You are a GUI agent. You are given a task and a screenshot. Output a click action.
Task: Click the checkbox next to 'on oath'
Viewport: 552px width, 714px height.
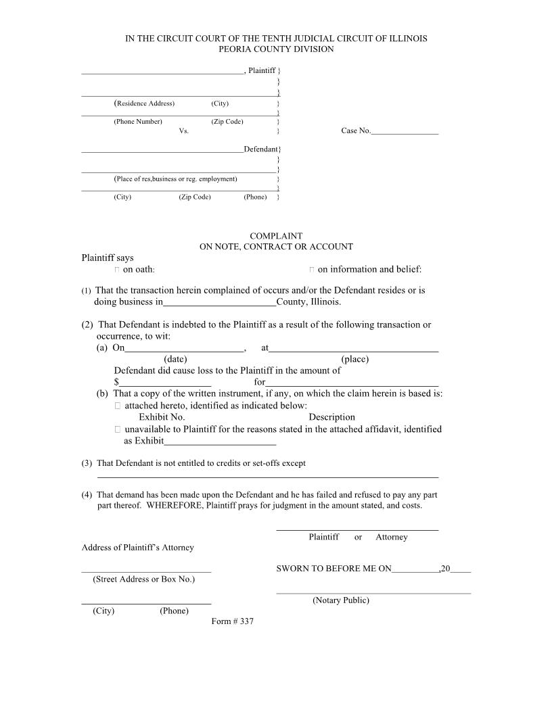pos(117,270)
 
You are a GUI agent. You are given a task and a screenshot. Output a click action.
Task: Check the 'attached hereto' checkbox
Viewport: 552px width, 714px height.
pos(118,406)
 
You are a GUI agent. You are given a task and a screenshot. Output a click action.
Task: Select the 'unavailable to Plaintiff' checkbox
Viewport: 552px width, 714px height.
pos(118,429)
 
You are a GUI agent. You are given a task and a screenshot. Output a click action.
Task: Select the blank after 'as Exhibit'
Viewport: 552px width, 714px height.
pos(220,444)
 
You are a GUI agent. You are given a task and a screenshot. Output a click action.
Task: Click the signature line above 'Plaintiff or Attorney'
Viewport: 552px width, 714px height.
pos(357,529)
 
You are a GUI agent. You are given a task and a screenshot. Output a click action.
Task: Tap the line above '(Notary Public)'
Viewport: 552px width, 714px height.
pos(373,593)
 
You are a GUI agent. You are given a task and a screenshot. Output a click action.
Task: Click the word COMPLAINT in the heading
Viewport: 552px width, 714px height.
pos(276,236)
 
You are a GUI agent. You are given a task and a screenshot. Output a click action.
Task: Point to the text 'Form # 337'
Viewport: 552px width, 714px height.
pos(232,621)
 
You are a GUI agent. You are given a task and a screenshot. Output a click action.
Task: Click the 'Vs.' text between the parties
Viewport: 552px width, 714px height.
pos(183,131)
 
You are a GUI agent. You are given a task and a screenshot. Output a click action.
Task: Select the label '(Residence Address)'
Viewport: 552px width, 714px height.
pos(144,103)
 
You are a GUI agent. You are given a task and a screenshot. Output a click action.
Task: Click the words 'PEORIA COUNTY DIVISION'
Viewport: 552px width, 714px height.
pos(276,49)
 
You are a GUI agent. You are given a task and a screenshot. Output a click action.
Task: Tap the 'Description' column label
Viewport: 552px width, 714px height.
pos(331,417)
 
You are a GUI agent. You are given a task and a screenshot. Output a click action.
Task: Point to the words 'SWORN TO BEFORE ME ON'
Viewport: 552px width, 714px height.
pos(333,569)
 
